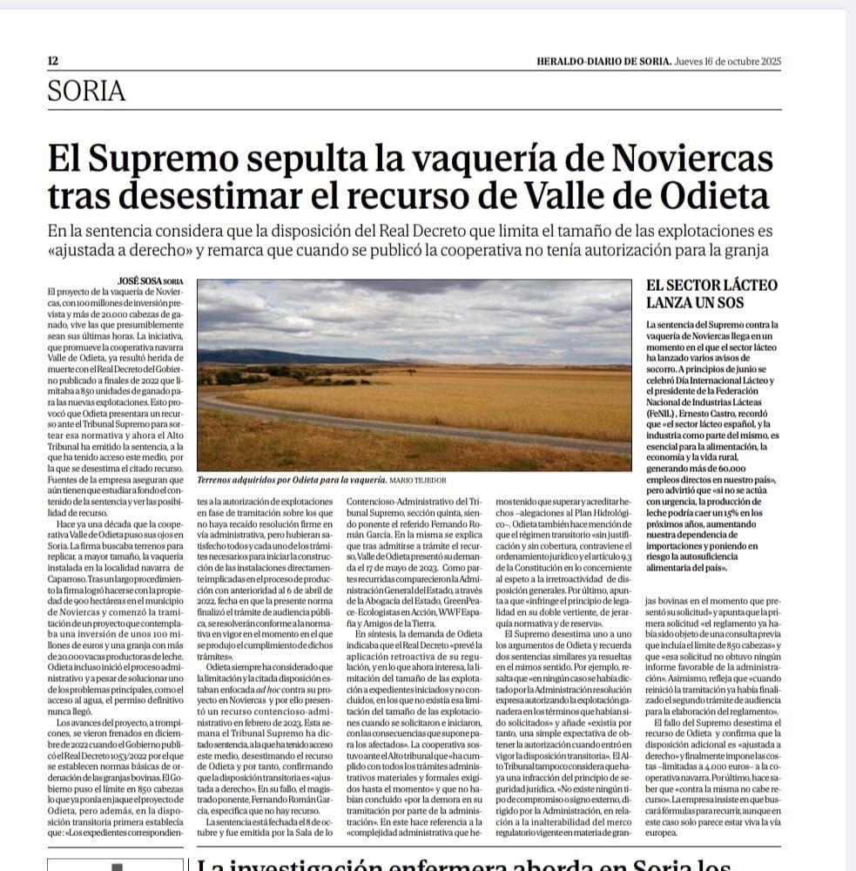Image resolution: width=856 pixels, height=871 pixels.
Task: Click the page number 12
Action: click(x=52, y=61)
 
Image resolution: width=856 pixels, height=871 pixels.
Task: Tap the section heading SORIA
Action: click(x=87, y=91)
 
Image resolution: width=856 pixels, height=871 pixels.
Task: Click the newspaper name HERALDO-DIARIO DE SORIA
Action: click(x=603, y=61)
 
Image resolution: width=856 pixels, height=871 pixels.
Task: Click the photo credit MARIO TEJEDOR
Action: click(x=413, y=480)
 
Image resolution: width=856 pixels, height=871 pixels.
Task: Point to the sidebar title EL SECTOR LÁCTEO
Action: click(x=711, y=285)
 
